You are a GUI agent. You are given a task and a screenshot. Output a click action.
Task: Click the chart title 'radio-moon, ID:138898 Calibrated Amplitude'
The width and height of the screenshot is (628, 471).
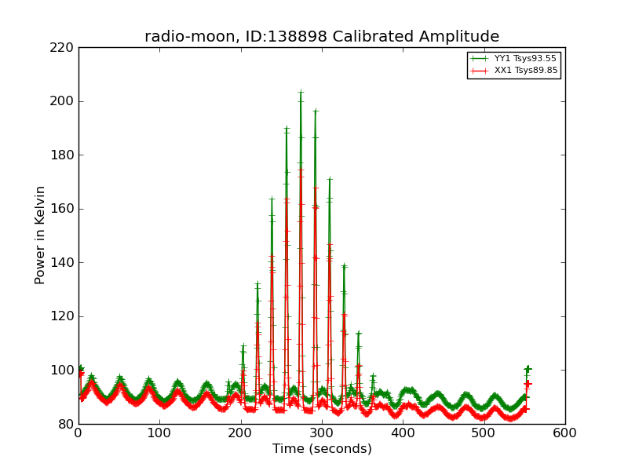(322, 37)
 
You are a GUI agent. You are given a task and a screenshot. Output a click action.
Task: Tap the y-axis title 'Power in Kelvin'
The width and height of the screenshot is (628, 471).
(41, 235)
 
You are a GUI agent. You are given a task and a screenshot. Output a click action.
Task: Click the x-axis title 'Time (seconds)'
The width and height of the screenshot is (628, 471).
(322, 449)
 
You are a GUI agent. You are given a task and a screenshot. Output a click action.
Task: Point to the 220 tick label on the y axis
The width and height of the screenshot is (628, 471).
(62, 48)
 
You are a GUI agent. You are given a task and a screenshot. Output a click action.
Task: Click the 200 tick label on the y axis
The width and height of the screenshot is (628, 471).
(62, 101)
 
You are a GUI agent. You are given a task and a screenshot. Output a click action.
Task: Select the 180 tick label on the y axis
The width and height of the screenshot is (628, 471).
(62, 155)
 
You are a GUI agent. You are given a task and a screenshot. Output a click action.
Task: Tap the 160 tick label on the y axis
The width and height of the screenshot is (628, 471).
(62, 209)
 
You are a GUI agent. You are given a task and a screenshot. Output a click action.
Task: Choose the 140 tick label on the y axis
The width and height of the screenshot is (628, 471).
(62, 263)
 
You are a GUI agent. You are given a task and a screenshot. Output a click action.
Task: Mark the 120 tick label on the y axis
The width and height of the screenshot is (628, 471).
(62, 316)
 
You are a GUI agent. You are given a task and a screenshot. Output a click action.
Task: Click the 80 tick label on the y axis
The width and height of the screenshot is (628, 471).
(65, 424)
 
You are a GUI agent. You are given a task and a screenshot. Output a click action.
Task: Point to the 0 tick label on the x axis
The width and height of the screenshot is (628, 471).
(78, 433)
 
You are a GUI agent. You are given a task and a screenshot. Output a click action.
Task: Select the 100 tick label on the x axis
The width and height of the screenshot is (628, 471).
(159, 433)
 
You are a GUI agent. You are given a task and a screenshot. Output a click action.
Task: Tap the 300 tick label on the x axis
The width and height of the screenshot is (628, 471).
(322, 433)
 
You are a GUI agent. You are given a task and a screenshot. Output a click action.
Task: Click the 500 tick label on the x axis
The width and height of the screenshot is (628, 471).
(484, 433)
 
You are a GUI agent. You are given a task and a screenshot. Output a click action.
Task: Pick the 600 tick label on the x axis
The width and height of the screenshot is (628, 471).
(565, 433)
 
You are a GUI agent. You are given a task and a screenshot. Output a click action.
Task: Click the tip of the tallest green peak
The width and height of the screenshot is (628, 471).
(301, 93)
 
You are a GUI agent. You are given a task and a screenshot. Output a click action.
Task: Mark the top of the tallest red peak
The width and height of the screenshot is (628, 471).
(301, 170)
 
